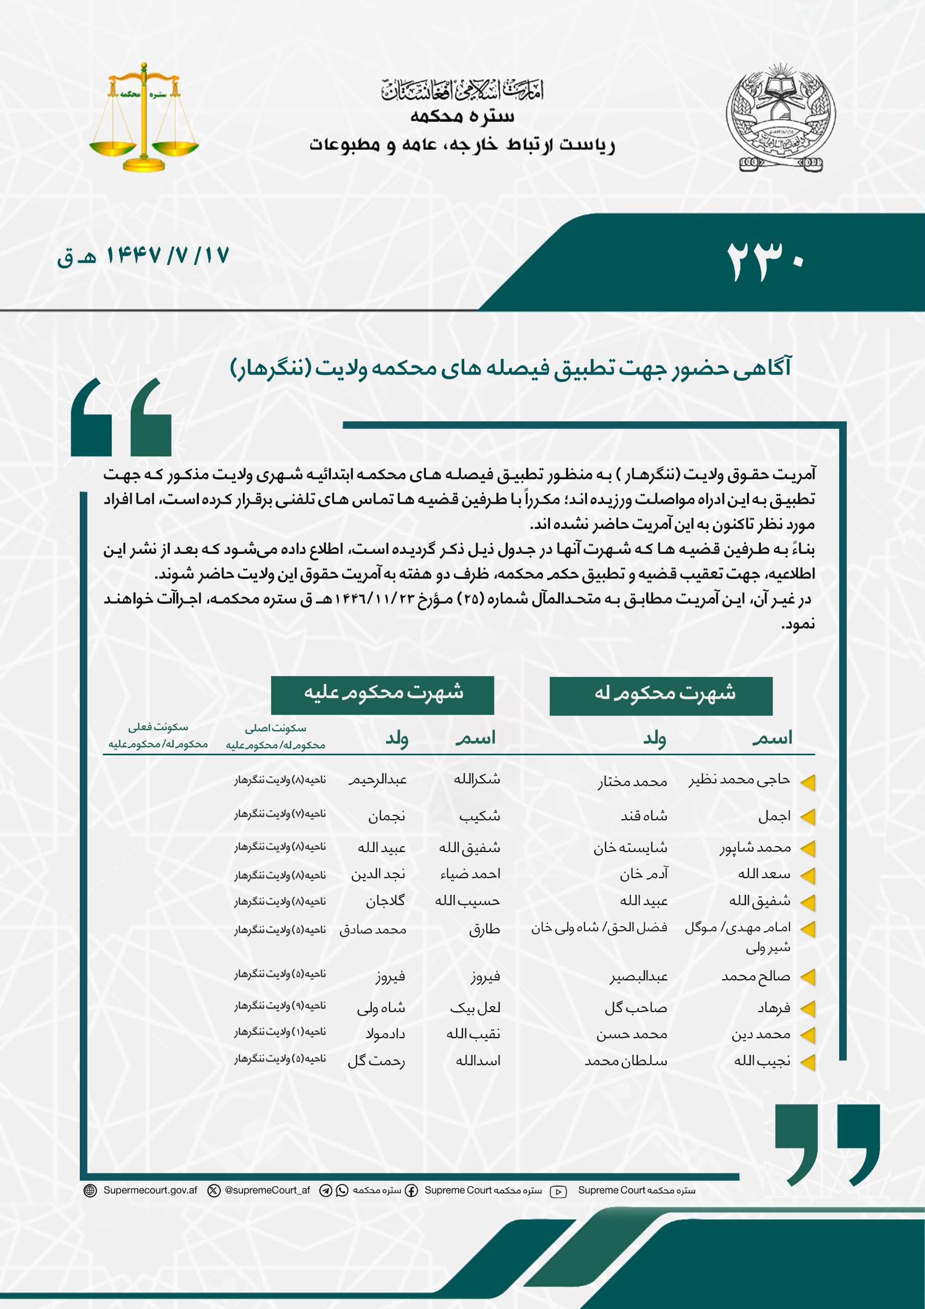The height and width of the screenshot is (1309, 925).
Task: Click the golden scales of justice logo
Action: click(x=144, y=118)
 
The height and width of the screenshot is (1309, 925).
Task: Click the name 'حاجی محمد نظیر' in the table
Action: click(x=739, y=780)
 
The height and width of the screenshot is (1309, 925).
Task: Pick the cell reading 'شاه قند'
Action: click(x=644, y=817)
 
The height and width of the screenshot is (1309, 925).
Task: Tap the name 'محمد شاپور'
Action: click(x=755, y=848)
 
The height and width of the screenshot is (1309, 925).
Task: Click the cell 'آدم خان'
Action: click(x=644, y=874)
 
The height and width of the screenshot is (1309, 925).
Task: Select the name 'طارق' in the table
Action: click(x=484, y=929)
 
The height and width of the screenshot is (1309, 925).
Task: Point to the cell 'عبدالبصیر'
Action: click(x=638, y=977)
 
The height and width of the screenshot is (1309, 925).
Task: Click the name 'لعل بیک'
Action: click(x=475, y=1008)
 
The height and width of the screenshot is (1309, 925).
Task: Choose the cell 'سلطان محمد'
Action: click(x=625, y=1061)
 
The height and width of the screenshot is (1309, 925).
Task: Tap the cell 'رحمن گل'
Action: click(x=376, y=1061)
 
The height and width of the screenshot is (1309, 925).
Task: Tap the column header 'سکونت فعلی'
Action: click(x=158, y=728)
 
